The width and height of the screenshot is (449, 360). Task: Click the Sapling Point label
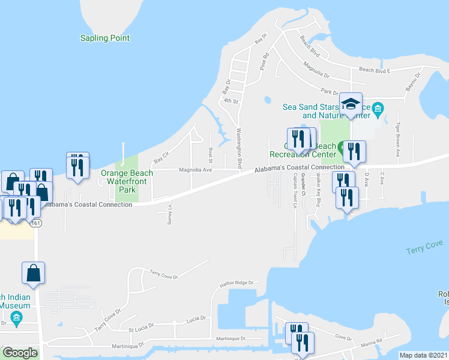pos(105,38)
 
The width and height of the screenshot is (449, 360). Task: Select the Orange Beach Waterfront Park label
pos(127,181)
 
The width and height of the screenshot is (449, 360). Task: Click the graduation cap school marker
pos(351,104)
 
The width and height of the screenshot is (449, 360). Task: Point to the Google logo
pos(19,353)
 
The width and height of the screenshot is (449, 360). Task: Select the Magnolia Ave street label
pos(196,170)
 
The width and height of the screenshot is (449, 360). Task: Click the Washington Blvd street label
pos(239,147)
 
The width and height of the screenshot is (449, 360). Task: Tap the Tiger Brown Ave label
pos(397,139)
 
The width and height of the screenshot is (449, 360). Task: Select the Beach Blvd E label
pos(375,70)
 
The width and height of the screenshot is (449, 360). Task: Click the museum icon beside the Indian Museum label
pos(16,317)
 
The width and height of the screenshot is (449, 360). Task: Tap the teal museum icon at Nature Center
pos(378,109)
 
